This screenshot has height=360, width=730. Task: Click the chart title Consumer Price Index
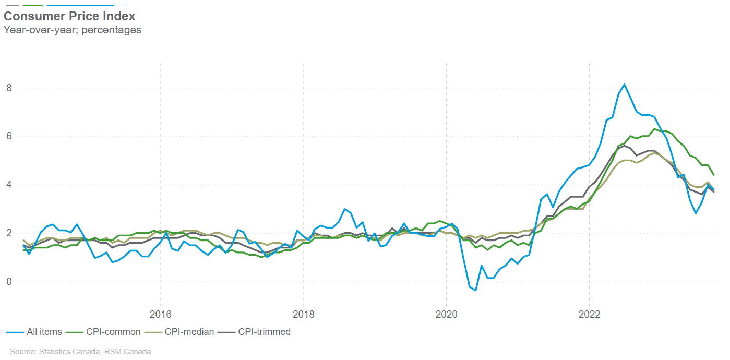pos(69,17)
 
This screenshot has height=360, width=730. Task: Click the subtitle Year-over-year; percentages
pos(73,30)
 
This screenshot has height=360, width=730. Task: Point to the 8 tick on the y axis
pos(9,88)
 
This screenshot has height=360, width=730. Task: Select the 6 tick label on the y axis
pos(9,137)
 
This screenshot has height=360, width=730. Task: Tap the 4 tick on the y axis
pos(9,185)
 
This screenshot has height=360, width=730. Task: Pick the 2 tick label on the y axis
pos(9,233)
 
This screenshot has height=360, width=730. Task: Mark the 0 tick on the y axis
pos(9,282)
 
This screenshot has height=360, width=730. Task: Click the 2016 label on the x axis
pos(161,315)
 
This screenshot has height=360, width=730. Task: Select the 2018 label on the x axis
pos(304,315)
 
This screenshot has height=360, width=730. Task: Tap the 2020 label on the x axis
pos(447,315)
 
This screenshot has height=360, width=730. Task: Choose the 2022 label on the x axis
pos(590,315)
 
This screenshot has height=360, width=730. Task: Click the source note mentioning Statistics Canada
pos(80,352)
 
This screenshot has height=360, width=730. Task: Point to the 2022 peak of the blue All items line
pos(625,84)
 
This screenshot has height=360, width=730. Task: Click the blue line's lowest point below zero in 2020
pos(475,290)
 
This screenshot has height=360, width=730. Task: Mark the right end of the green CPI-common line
pos(714,175)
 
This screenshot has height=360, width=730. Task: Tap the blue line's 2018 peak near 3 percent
pos(344,209)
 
